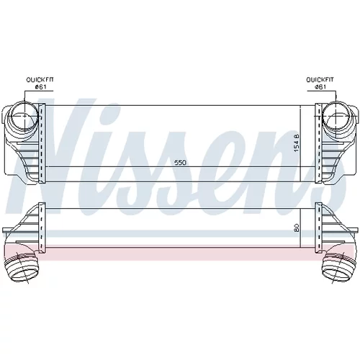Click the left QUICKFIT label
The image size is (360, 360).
(x=40, y=79)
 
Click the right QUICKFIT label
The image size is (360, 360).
(x=320, y=79)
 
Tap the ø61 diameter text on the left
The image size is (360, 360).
(x=40, y=86)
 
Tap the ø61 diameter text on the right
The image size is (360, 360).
(x=320, y=86)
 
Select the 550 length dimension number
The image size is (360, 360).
(x=180, y=163)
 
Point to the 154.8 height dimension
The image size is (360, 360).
(x=296, y=143)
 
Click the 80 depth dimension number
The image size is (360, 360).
(x=297, y=228)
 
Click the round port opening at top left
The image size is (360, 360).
(x=24, y=116)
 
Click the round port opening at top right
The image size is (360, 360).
(x=336, y=116)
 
